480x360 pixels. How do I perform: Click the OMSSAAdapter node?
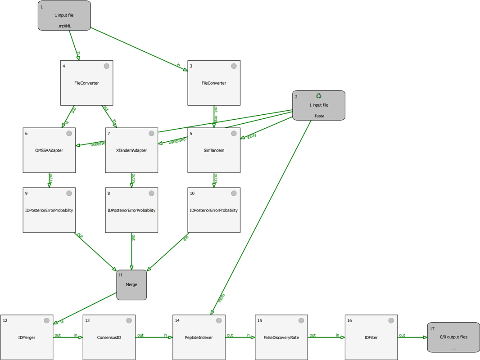pos(49,150)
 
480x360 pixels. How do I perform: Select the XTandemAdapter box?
pos(131,150)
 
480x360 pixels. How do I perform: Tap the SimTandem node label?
pos(214,150)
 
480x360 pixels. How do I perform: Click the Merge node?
pos(131,285)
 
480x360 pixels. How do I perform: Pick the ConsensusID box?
pos(109,337)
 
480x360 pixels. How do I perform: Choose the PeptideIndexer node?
pos(199,337)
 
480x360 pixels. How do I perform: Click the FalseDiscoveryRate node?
pos(281,337)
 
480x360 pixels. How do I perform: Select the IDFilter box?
pos(371,337)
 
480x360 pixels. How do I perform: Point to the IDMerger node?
pos(27,337)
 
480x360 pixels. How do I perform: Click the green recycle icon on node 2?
pos(319,96)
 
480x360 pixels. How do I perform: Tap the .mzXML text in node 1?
pos(64,27)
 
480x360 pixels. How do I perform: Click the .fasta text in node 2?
pos(319,116)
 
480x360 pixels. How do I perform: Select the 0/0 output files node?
pos(453,337)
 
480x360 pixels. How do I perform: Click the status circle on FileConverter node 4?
pos(107,66)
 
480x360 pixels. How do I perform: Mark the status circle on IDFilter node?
pos(391,320)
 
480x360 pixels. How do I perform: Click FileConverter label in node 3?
pos(214,83)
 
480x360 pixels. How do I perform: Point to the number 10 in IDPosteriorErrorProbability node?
pos(193,193)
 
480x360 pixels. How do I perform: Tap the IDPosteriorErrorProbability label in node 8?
pos(131,210)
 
